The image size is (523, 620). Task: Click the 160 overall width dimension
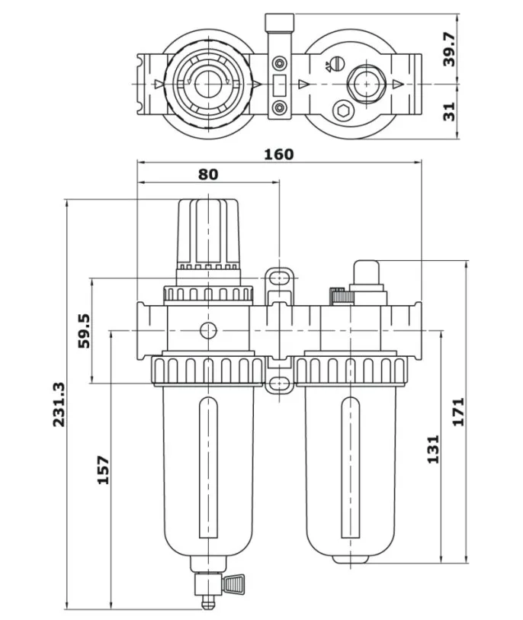point(278,154)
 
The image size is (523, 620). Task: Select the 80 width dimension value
point(207,174)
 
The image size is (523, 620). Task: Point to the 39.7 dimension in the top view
point(449,49)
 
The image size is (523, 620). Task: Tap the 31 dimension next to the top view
point(449,111)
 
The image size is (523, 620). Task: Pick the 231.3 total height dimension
point(59,404)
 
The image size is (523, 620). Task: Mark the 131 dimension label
point(433,450)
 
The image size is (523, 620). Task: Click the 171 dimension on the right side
point(458,413)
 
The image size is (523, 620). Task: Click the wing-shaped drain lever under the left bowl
point(232,586)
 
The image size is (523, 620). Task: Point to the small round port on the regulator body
point(207,330)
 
